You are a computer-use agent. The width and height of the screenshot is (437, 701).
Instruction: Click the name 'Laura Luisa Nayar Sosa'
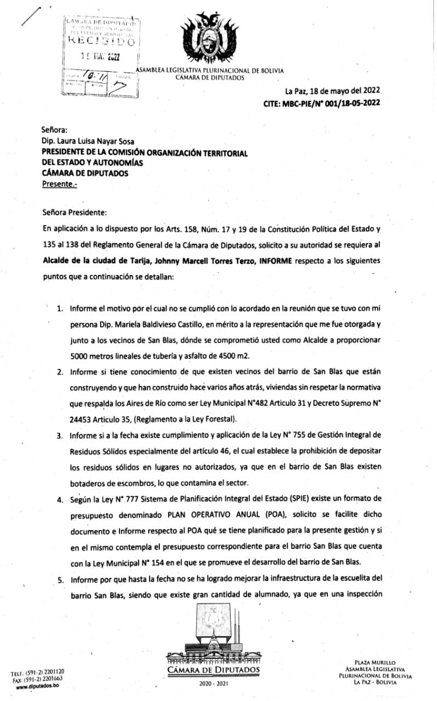97,141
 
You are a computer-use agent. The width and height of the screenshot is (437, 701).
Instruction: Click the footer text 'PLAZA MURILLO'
375,663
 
